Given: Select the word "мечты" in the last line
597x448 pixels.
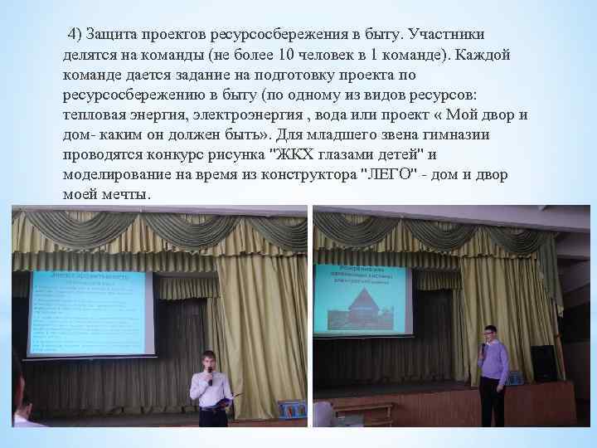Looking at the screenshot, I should click(126, 194).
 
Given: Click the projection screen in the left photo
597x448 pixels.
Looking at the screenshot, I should click(90, 312).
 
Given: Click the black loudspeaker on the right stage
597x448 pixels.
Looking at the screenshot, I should click(542, 363).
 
